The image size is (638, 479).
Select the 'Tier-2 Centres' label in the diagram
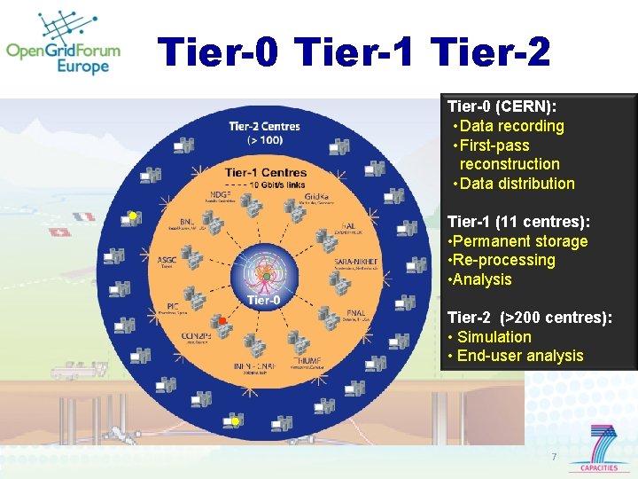(x=264, y=127)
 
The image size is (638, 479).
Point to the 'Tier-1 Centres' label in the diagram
(x=265, y=172)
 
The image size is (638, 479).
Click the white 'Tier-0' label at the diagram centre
(x=265, y=300)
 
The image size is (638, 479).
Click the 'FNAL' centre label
(x=356, y=312)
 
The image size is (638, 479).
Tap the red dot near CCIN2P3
(x=223, y=320)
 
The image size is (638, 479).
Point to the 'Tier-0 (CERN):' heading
(x=502, y=106)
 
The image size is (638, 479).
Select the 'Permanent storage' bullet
(x=522, y=241)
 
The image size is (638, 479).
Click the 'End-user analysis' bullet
(x=520, y=356)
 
